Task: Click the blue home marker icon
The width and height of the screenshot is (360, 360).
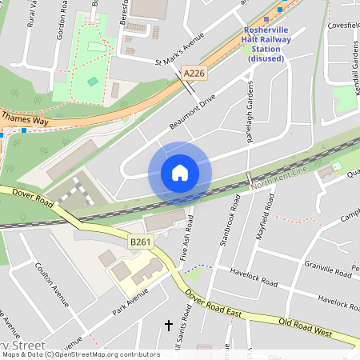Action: tap(180, 173)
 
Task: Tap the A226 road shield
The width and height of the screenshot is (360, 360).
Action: tap(194, 73)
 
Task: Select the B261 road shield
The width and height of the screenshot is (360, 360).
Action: tap(142, 240)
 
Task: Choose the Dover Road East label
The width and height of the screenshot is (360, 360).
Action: tap(213, 306)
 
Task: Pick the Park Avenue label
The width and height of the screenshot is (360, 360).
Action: tap(130, 302)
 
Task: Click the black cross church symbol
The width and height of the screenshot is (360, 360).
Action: tap(168, 325)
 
